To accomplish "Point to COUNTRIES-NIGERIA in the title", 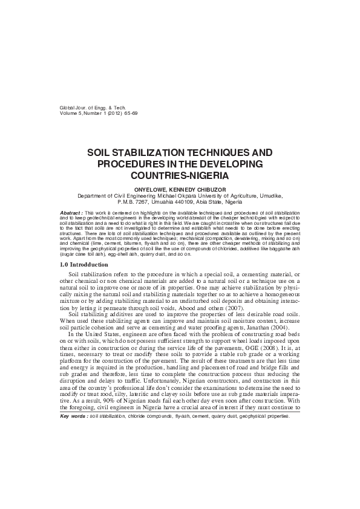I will (x=180, y=176).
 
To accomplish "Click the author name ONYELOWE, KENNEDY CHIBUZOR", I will (x=180, y=189).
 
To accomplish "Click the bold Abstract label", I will (x=72, y=213).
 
